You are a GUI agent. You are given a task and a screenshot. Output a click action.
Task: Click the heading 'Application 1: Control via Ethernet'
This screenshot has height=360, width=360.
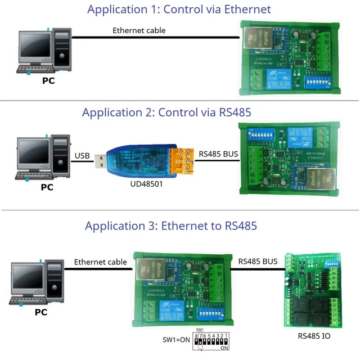[179, 10]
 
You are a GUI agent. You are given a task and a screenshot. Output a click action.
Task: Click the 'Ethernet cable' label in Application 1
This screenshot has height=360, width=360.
[139, 30]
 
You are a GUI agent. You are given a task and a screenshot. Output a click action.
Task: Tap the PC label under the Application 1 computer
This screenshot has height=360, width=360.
[48, 80]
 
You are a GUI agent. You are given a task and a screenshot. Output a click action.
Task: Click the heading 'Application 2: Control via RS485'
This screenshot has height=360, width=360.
[166, 112]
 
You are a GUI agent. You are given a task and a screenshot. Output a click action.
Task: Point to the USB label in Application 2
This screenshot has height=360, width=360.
[82, 155]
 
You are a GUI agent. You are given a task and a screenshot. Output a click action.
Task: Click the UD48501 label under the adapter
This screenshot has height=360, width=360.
[143, 183]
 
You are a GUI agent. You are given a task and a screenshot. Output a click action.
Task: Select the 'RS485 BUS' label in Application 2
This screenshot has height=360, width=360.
[219, 153]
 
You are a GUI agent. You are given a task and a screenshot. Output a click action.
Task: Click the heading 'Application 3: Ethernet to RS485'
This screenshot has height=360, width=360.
[171, 226]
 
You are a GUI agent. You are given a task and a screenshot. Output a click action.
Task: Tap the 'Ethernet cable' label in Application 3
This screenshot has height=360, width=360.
[101, 262]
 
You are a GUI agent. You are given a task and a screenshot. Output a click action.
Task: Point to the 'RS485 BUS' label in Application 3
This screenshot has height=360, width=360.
[258, 262]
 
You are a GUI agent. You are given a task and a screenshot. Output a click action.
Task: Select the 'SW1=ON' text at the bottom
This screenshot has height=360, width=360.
[175, 340]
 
